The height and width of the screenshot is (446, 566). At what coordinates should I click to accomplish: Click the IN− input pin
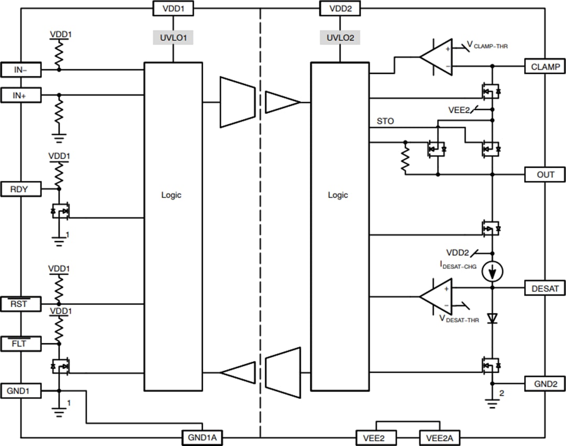coord(20,69)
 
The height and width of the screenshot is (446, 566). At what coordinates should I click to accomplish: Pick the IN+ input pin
coord(20,95)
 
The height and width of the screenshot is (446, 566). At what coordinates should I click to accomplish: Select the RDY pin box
coord(20,189)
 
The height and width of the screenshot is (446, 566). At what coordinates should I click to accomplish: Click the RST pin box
coord(20,303)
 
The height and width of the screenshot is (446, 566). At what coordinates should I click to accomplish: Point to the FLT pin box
coord(20,344)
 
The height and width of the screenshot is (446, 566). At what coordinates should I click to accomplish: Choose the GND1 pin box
coord(20,390)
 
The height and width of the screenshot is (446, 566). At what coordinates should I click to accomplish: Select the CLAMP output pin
coord(545,67)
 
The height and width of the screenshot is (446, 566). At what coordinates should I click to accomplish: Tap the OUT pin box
coord(545,175)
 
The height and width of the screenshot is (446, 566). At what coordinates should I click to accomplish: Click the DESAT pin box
coord(545,288)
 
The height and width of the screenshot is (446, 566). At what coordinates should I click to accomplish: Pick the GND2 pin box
coord(545,384)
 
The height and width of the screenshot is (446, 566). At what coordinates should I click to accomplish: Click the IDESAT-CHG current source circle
coord(492,271)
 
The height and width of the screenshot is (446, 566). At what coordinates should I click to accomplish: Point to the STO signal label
coord(385,121)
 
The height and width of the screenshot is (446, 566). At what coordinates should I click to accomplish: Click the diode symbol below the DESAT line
coord(492,318)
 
